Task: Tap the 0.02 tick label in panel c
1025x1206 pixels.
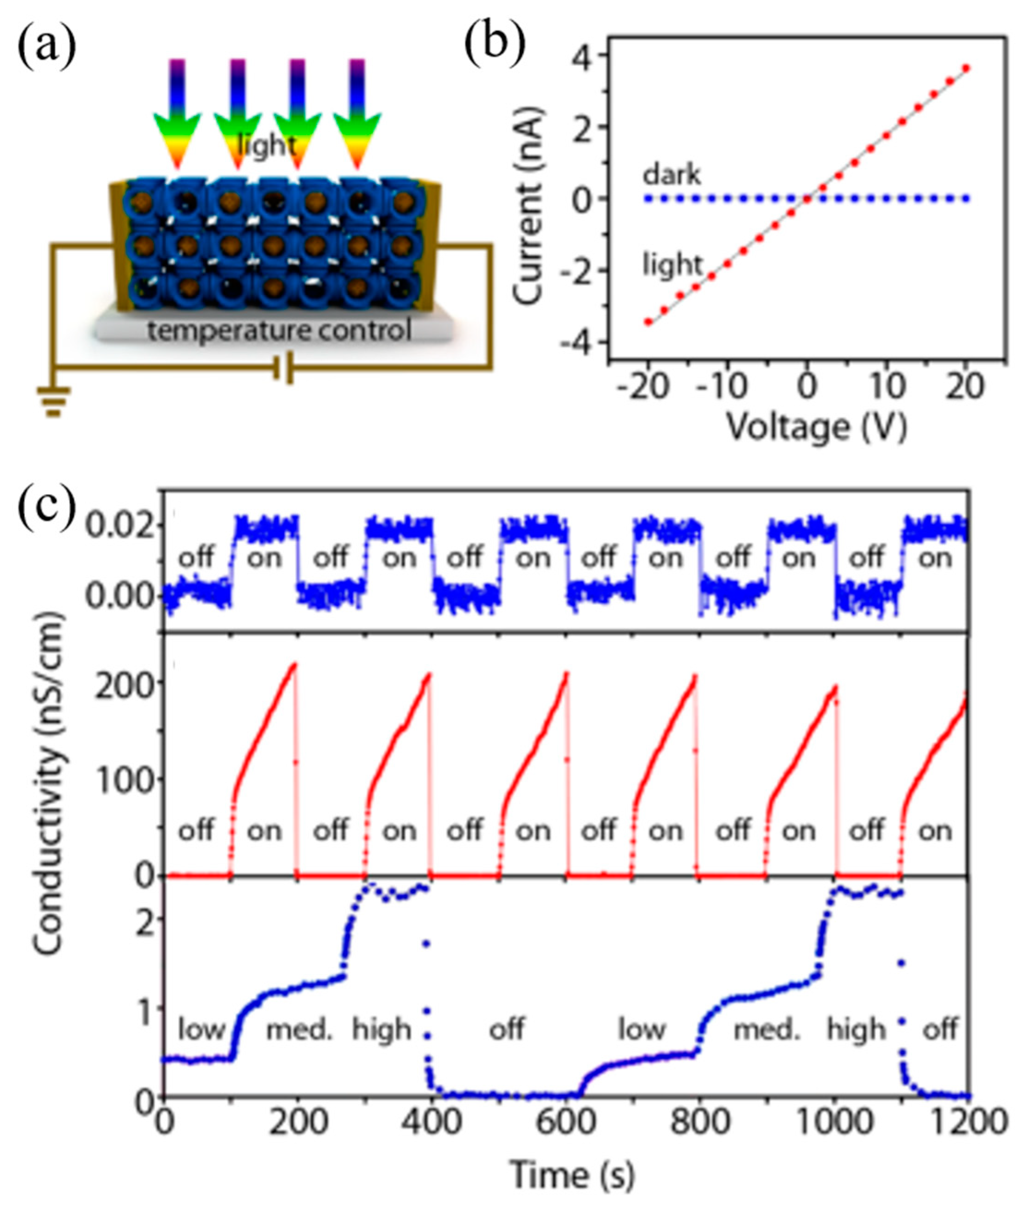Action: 121,525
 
